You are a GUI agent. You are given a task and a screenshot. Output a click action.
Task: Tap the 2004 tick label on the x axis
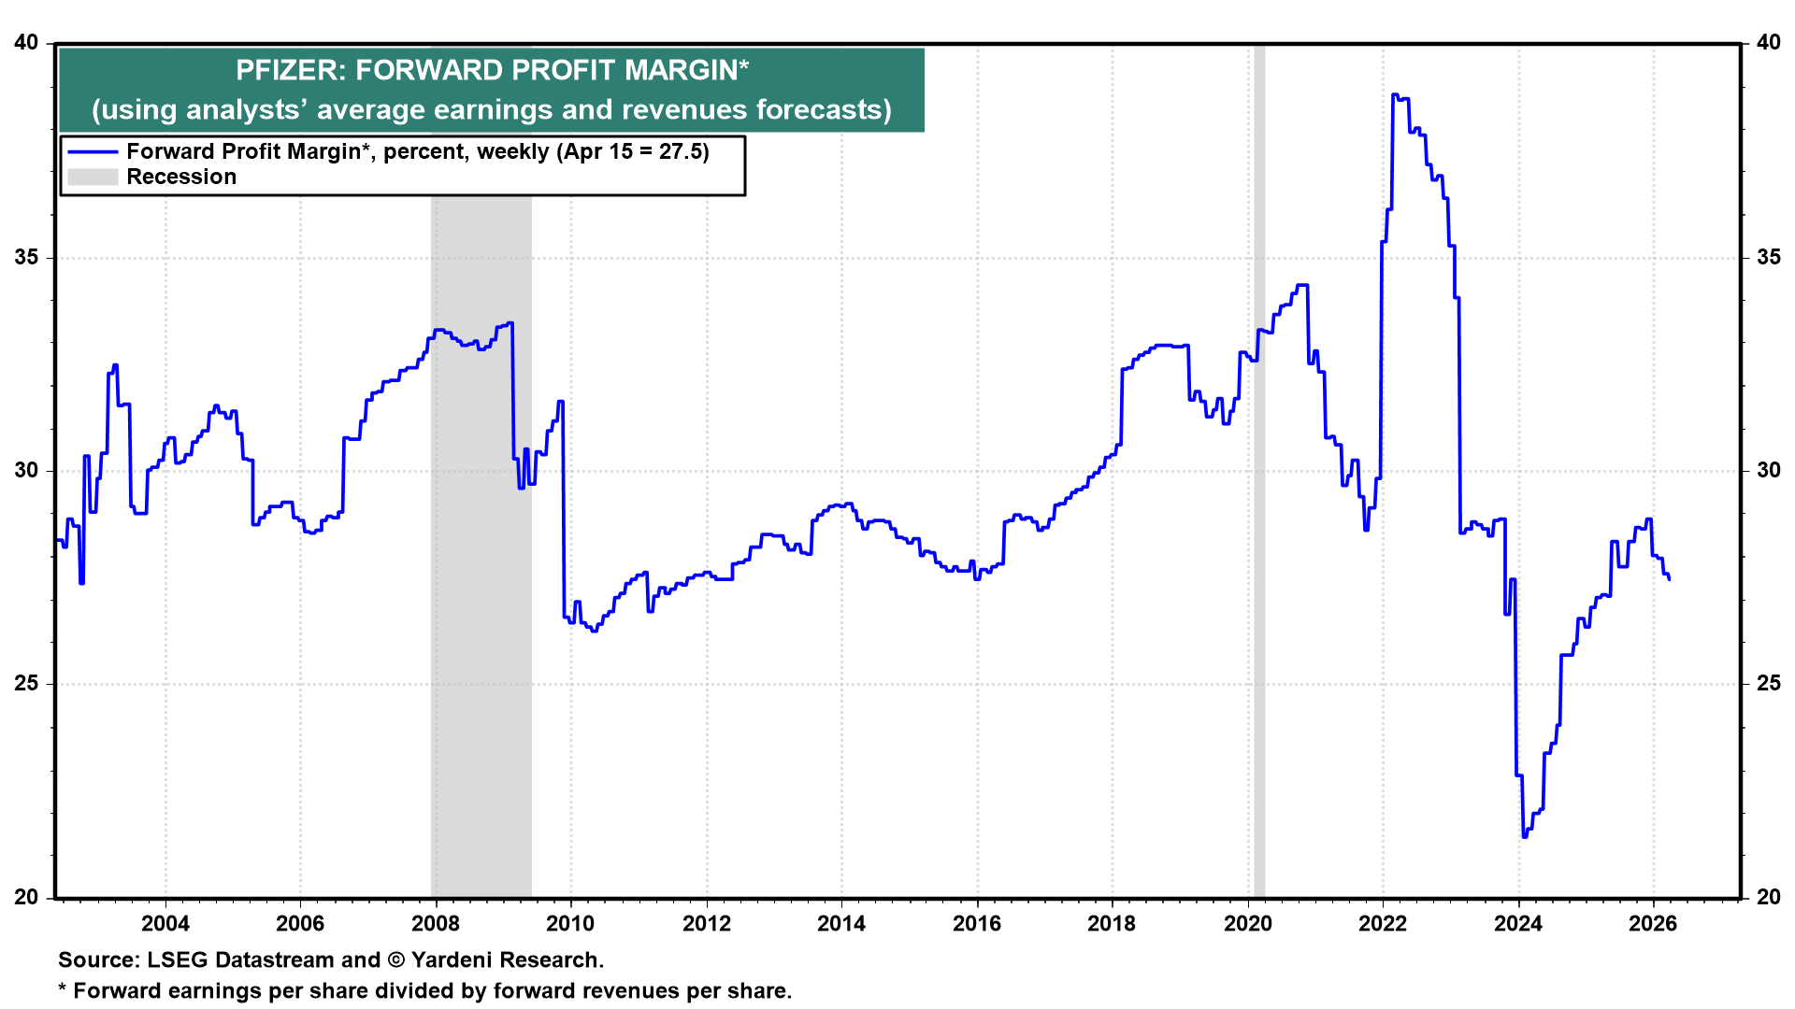[165, 924]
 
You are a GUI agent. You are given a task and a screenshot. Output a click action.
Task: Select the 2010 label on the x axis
[570, 924]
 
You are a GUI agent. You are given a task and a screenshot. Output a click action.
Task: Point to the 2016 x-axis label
[977, 924]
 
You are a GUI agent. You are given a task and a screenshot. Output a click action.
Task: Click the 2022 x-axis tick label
[1383, 924]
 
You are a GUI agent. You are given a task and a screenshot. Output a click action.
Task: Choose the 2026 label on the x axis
[1653, 924]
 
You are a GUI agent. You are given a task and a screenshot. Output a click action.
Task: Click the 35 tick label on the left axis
[27, 257]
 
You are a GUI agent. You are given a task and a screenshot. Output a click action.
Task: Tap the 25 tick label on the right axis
[1768, 683]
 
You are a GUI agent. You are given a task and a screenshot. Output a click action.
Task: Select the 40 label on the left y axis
[27, 43]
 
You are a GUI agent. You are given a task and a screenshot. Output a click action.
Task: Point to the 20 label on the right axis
[1768, 897]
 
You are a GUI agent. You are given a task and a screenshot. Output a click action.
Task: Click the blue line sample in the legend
[93, 152]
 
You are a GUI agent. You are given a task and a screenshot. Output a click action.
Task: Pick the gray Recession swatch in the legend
[93, 178]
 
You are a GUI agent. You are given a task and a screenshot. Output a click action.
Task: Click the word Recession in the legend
[181, 178]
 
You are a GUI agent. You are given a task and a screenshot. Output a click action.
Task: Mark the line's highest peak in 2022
[1394, 94]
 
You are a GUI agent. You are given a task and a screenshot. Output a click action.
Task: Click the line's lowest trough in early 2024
[1525, 836]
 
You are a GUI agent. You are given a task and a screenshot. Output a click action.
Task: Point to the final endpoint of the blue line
[1670, 579]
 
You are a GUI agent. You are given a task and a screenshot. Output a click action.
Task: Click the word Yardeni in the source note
[453, 960]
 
